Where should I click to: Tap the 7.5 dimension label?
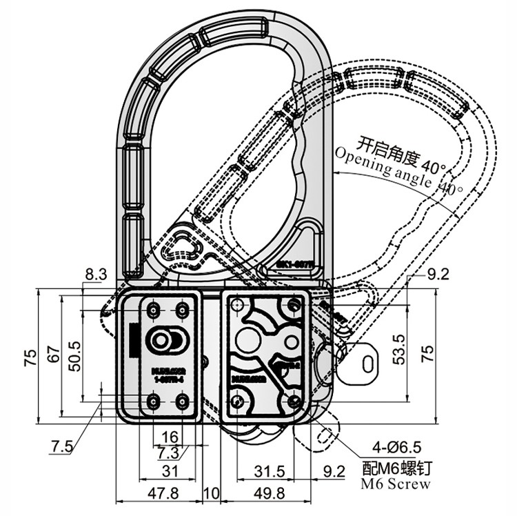point(61,446)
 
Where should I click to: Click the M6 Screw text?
point(396,484)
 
